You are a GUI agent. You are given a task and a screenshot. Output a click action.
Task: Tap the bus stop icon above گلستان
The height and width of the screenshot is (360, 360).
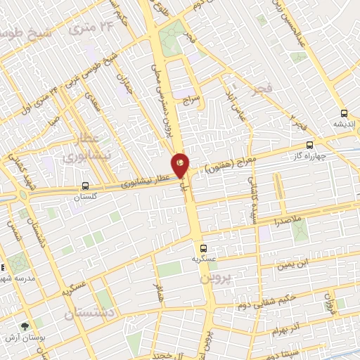(85, 186)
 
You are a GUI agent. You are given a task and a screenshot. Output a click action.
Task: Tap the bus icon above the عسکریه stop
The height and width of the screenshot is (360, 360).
(203, 247)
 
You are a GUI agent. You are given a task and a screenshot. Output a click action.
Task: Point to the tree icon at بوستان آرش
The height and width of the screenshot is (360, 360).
(26, 326)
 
